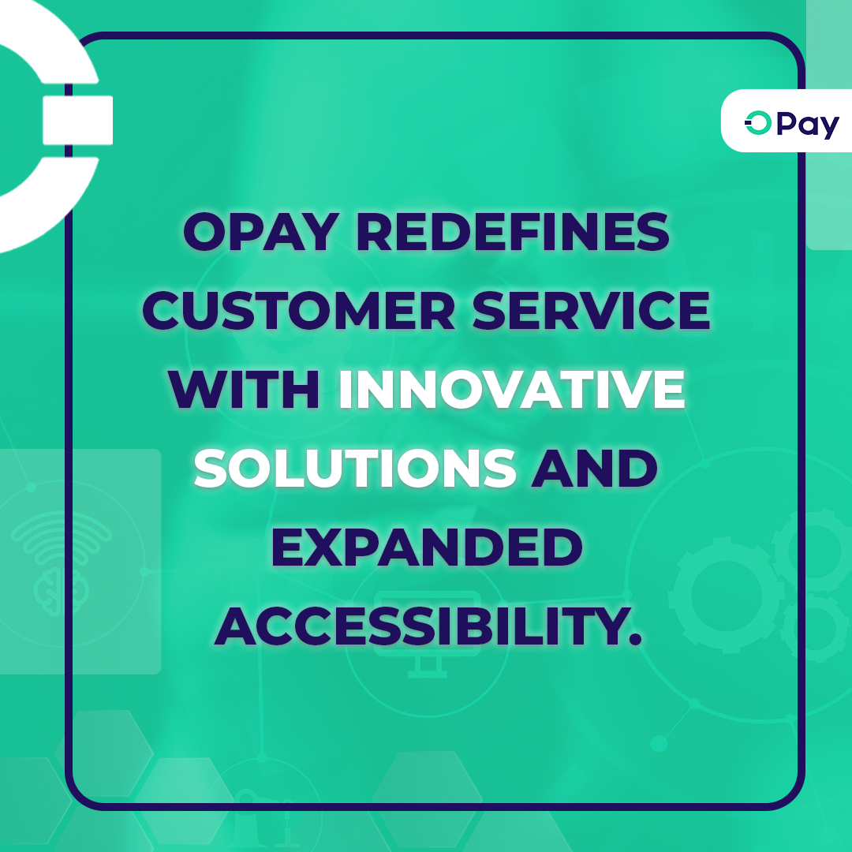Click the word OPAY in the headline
tap(261, 231)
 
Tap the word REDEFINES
tap(513, 231)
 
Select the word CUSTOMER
tap(298, 310)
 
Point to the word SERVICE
tap(591, 310)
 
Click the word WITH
tap(244, 389)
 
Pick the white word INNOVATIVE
tap(511, 389)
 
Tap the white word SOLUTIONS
tap(355, 468)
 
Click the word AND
tap(595, 468)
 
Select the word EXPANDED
tap(427, 547)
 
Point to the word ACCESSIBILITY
tap(420, 626)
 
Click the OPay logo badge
tap(787, 121)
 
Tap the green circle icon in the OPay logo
tap(758, 123)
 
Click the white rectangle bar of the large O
tap(77, 120)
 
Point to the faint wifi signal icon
tap(62, 537)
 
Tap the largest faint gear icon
tap(726, 595)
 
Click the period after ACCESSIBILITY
tap(634, 638)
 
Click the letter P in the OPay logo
tap(787, 123)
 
